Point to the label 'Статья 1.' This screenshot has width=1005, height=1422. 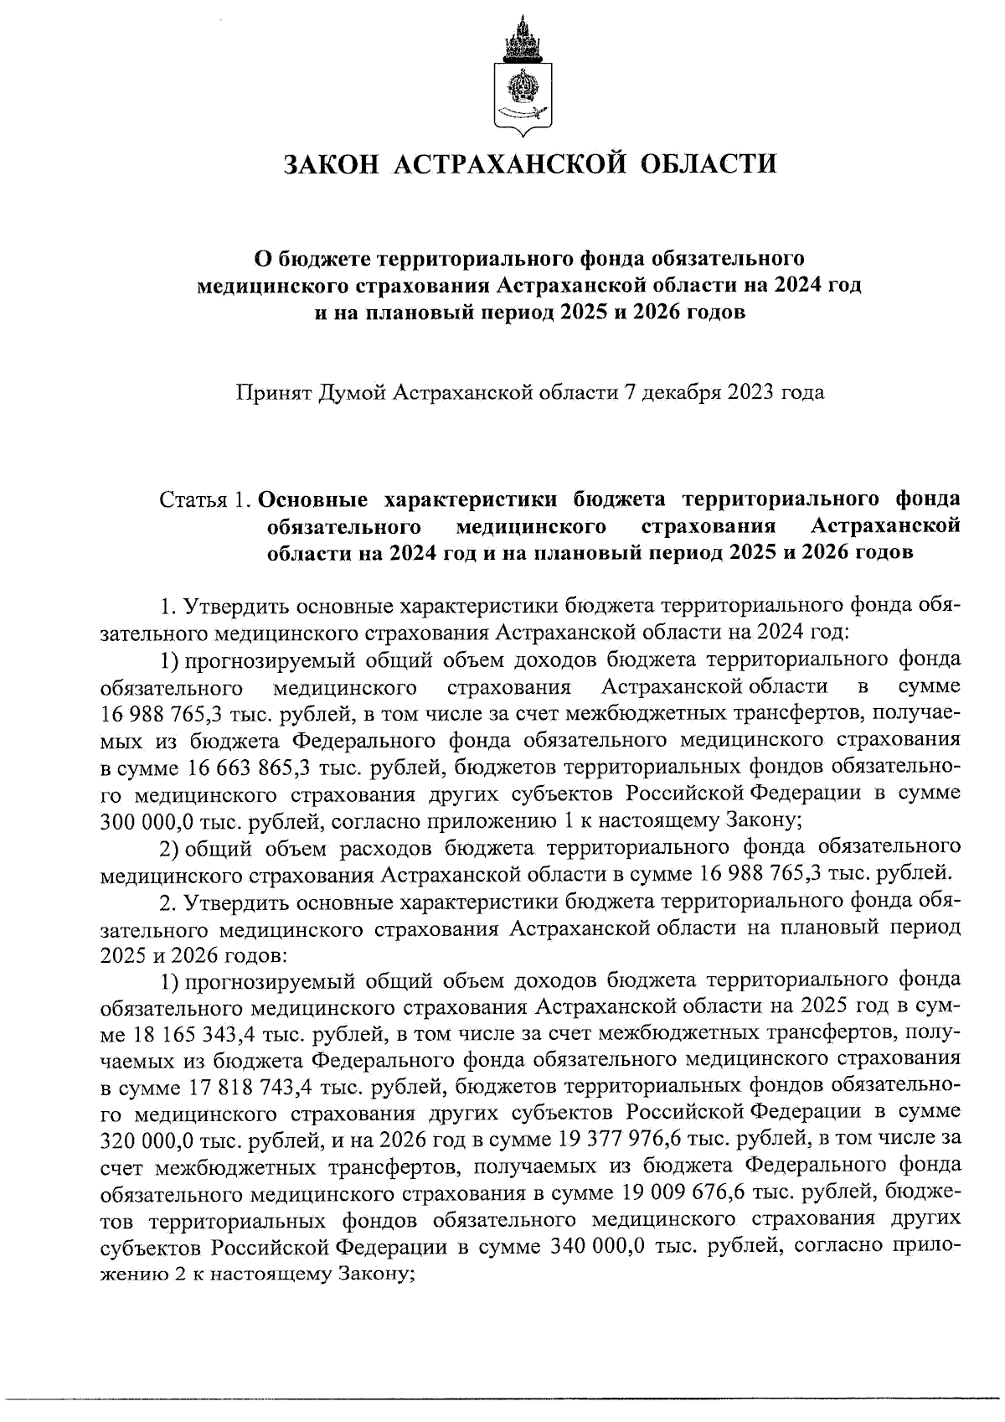205,500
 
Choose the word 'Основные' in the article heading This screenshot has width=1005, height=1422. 313,500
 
